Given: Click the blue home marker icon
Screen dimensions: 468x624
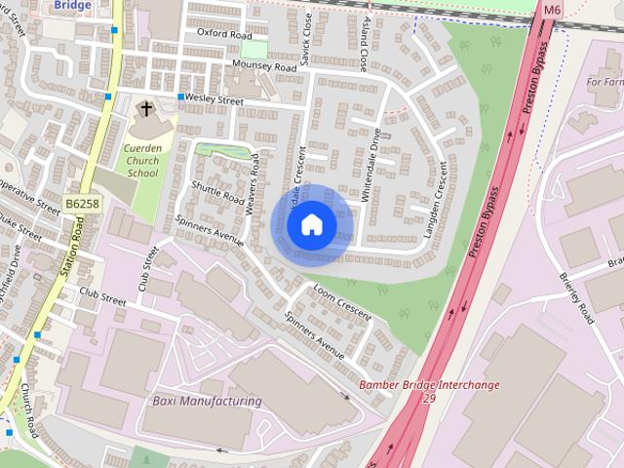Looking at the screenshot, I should pyautogui.click(x=311, y=225).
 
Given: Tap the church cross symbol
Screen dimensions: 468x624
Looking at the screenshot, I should pyautogui.click(x=146, y=109).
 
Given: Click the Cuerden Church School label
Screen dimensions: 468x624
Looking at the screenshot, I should pyautogui.click(x=142, y=160).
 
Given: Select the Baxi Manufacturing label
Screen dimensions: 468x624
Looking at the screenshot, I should pyautogui.click(x=207, y=401).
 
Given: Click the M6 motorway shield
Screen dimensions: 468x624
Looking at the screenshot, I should pyautogui.click(x=553, y=10).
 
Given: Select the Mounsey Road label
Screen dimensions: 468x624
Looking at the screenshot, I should pyautogui.click(x=262, y=66).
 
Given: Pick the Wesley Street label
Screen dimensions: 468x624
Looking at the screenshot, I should pyautogui.click(x=217, y=99).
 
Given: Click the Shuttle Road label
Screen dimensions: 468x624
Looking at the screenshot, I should pyautogui.click(x=216, y=183).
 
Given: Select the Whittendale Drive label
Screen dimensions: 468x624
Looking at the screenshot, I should pyautogui.click(x=374, y=171).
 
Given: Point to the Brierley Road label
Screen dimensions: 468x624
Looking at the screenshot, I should pyautogui.click(x=577, y=295).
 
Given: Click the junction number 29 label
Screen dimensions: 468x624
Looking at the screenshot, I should pyautogui.click(x=429, y=398).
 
